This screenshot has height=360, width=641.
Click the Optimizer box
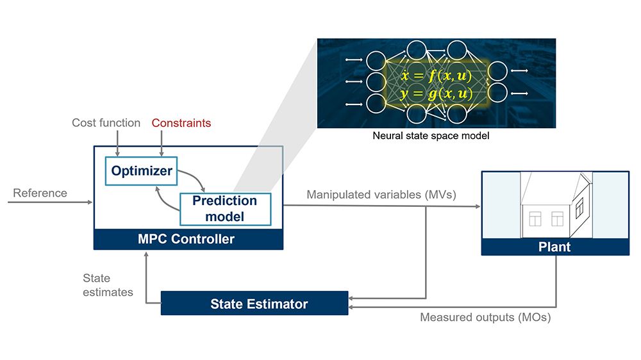pos(142,171)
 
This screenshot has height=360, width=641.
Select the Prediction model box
pos(226,208)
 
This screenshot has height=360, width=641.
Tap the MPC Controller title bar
pos(187,240)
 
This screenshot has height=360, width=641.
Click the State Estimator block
pos(254,304)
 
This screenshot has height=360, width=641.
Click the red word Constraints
pos(181,123)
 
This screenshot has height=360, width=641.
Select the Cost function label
pos(106,123)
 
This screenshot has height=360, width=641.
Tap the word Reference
pos(40,193)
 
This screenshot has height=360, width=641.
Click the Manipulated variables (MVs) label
pos(381,194)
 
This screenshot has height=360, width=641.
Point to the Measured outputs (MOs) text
pos(485,317)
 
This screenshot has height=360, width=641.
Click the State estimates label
pos(108,285)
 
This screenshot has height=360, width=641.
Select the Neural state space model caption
pos(431,136)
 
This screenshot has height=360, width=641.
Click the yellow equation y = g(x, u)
pos(437,94)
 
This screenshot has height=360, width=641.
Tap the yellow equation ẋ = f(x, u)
pos(437,77)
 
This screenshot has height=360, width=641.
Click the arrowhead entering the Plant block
pos(477,206)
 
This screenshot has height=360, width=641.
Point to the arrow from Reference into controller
pos(51,202)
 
